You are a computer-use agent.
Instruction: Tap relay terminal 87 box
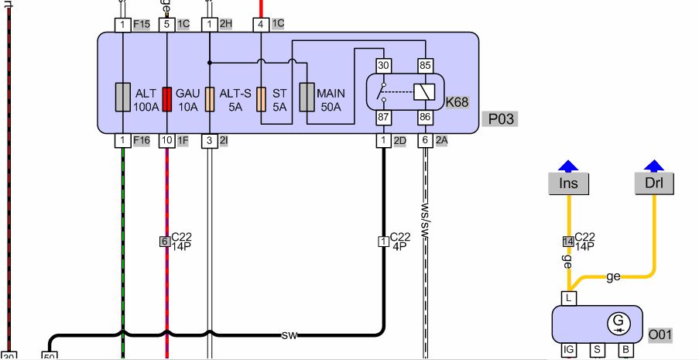(382, 117)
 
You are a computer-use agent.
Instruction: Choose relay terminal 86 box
(425, 117)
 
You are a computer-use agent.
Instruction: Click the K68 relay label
(457, 101)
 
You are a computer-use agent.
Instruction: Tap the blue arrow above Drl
(655, 165)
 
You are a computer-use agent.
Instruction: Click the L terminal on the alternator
(569, 298)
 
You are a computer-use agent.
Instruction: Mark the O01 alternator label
(660, 335)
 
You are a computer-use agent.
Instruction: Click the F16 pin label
(142, 140)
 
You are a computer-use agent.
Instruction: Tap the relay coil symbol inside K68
(424, 91)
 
